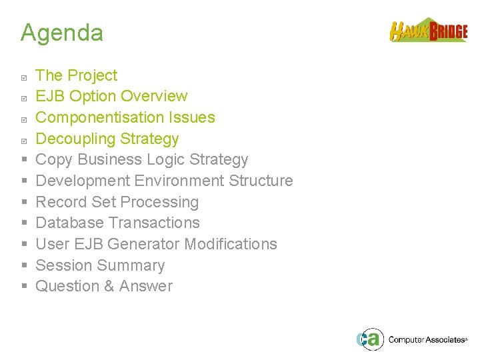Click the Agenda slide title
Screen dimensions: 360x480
click(x=62, y=33)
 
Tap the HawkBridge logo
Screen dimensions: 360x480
click(x=428, y=31)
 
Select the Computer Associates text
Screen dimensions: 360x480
click(x=427, y=340)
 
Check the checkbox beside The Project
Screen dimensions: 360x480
click(x=24, y=76)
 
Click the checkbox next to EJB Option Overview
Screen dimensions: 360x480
click(x=24, y=97)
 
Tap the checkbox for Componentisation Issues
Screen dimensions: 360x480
click(x=24, y=119)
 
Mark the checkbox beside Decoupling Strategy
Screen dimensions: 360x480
click(x=24, y=140)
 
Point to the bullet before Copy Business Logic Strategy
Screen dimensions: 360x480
click(x=24, y=160)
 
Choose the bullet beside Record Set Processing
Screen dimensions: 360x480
click(x=24, y=202)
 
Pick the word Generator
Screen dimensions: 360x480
click(x=143, y=244)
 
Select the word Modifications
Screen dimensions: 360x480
click(x=230, y=244)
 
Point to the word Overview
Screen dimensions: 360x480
click(x=155, y=96)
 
